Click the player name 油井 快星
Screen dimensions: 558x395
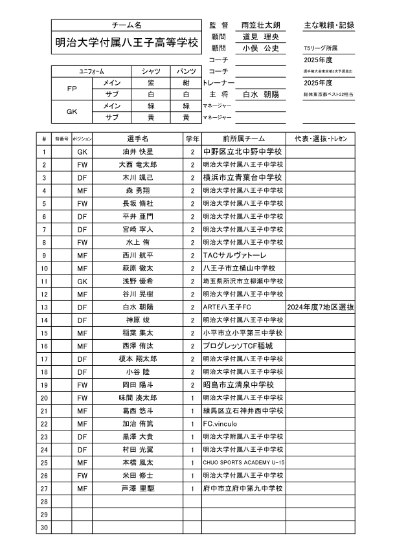[x=138, y=151]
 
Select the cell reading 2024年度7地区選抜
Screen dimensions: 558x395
[x=320, y=307]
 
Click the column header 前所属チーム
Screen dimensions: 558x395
[x=243, y=139]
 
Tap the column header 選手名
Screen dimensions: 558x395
[x=138, y=139]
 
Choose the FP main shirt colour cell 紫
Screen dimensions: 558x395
[x=151, y=83]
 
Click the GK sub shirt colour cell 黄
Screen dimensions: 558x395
[x=151, y=118]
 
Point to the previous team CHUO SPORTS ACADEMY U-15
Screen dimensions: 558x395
[x=243, y=462]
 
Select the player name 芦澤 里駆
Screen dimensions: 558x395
[x=138, y=488]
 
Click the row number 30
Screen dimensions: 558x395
[x=44, y=527]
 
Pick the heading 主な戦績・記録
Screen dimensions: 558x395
[x=329, y=25]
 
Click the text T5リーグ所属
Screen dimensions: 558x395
[x=320, y=49]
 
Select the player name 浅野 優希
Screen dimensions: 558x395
[x=138, y=281]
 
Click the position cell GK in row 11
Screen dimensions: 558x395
[x=82, y=281]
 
